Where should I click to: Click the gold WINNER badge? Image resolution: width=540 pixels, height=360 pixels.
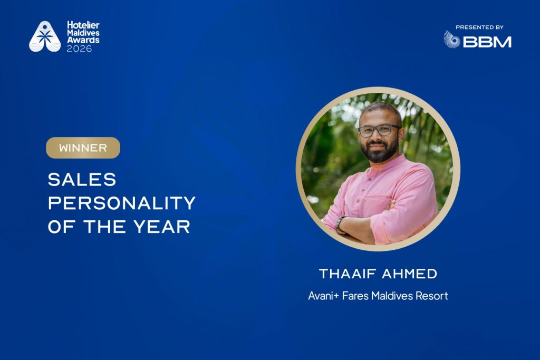coord(83,148)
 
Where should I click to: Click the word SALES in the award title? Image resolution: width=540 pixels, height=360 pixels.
coord(82,180)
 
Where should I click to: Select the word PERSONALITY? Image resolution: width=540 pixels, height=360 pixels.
coord(122,203)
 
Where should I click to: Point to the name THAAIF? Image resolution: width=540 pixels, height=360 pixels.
coord(348,274)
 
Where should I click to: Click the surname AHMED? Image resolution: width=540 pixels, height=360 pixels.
coord(409,274)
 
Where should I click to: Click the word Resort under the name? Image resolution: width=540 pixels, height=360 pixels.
coord(432,296)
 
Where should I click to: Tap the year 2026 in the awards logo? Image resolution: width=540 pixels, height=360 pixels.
coord(79,49)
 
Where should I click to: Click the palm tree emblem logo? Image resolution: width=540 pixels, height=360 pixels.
coord(45,36)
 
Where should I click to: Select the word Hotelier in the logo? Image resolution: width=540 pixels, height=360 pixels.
coord(83,25)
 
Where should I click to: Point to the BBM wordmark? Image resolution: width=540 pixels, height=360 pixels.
coord(487,42)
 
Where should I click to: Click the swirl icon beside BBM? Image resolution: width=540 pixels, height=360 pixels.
coord(451,39)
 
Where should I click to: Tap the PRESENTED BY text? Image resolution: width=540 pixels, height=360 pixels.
coord(479,27)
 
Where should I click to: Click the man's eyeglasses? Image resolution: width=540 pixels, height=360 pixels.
coord(379,130)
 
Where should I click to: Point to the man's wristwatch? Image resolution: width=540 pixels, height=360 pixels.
coord(339,223)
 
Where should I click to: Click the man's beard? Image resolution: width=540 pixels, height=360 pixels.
coord(379,151)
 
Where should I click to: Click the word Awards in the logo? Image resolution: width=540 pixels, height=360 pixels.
coord(83,40)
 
